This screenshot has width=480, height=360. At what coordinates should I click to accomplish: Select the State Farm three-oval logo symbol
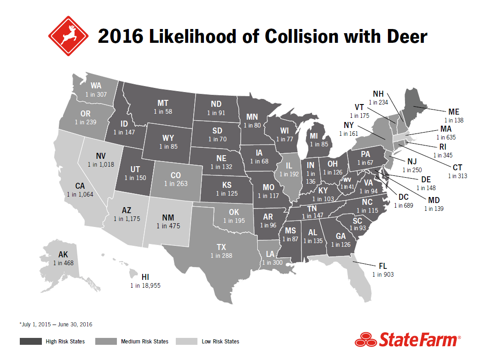[365, 341]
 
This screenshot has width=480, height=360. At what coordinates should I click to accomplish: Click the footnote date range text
[56, 325]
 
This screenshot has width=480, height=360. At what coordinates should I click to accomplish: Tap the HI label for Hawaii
[145, 277]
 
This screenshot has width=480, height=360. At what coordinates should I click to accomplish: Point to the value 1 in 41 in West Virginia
[347, 187]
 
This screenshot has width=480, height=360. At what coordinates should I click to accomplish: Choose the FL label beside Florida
[383, 266]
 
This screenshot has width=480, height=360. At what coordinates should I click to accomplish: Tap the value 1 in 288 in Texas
[221, 255]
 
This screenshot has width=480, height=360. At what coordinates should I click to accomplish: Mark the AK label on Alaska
[63, 255]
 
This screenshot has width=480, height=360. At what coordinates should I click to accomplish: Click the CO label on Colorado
[176, 175]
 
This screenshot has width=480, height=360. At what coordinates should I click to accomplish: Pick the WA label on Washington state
[96, 86]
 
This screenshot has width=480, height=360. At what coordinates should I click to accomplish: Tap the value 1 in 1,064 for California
[80, 194]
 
